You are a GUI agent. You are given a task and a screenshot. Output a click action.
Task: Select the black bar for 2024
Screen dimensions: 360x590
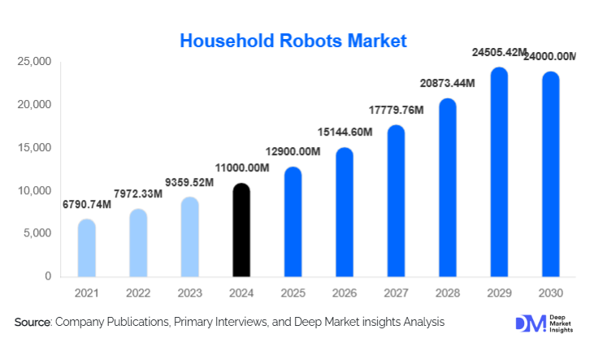[x=241, y=231]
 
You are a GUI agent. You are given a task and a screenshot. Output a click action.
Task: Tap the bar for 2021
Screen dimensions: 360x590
[x=87, y=248]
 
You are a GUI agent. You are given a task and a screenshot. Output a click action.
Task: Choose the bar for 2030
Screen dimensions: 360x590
[x=550, y=175]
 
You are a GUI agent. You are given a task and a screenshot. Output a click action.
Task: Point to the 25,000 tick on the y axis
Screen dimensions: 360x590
[x=34, y=62]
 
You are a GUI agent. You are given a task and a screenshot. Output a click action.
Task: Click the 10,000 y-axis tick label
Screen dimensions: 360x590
[x=34, y=191]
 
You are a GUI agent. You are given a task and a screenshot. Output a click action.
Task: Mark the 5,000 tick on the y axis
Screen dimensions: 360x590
[x=37, y=234]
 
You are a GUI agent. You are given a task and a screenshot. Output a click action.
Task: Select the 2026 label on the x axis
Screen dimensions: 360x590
[x=345, y=293]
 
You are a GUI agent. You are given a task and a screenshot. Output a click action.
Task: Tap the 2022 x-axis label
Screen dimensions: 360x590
[x=138, y=293]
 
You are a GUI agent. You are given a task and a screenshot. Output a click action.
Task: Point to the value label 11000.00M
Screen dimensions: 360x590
[x=241, y=167]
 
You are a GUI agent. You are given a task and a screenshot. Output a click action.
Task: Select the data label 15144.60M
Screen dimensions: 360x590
[x=345, y=132]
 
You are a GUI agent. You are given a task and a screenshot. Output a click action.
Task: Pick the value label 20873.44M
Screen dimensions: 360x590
[x=448, y=84]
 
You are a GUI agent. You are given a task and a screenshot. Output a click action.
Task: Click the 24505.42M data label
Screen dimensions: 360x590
[x=499, y=53]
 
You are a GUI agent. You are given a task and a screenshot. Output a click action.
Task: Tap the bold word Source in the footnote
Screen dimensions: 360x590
[x=33, y=323]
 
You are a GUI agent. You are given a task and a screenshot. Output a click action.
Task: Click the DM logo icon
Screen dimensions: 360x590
[x=529, y=323]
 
